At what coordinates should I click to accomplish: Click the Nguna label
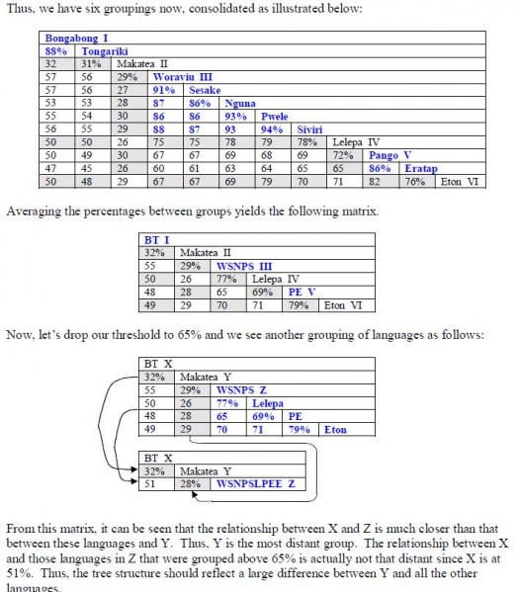coord(240,102)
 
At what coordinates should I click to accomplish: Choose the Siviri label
coord(312,128)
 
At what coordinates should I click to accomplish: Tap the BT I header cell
coord(156,240)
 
